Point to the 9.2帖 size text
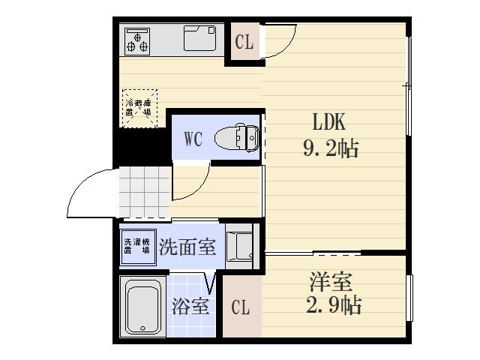coord(331,148)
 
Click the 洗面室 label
coord(187,248)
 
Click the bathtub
coord(142,307)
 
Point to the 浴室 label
coord(190,307)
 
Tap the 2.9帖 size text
coord(334,305)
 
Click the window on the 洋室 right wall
coord(409,298)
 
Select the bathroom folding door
coord(211,282)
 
